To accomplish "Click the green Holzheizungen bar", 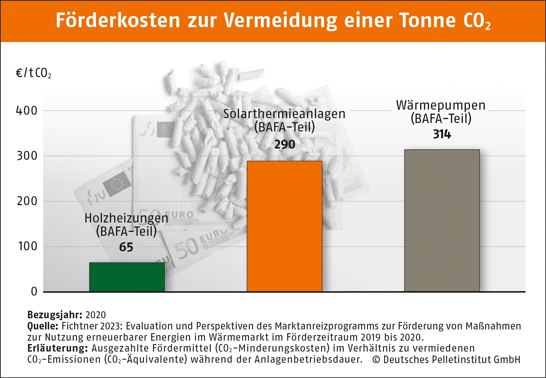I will [x=127, y=277].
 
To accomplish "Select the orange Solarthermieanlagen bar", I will [x=284, y=226].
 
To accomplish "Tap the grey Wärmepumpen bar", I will [x=442, y=221].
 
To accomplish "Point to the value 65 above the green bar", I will [x=126, y=247].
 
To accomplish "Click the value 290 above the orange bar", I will [x=285, y=145].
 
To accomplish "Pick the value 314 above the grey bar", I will [x=442, y=134].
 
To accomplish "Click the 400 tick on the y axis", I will [x=27, y=111].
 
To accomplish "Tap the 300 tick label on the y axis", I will [x=27, y=156].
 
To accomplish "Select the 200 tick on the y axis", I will [x=27, y=201].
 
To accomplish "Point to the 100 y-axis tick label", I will [x=27, y=246].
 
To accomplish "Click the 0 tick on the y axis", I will [x=34, y=292].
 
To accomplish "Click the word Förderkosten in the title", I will [x=118, y=21].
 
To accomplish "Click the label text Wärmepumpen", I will [x=441, y=106].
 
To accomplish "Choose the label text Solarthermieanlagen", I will [x=284, y=114].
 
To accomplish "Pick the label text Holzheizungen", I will [x=126, y=218].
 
